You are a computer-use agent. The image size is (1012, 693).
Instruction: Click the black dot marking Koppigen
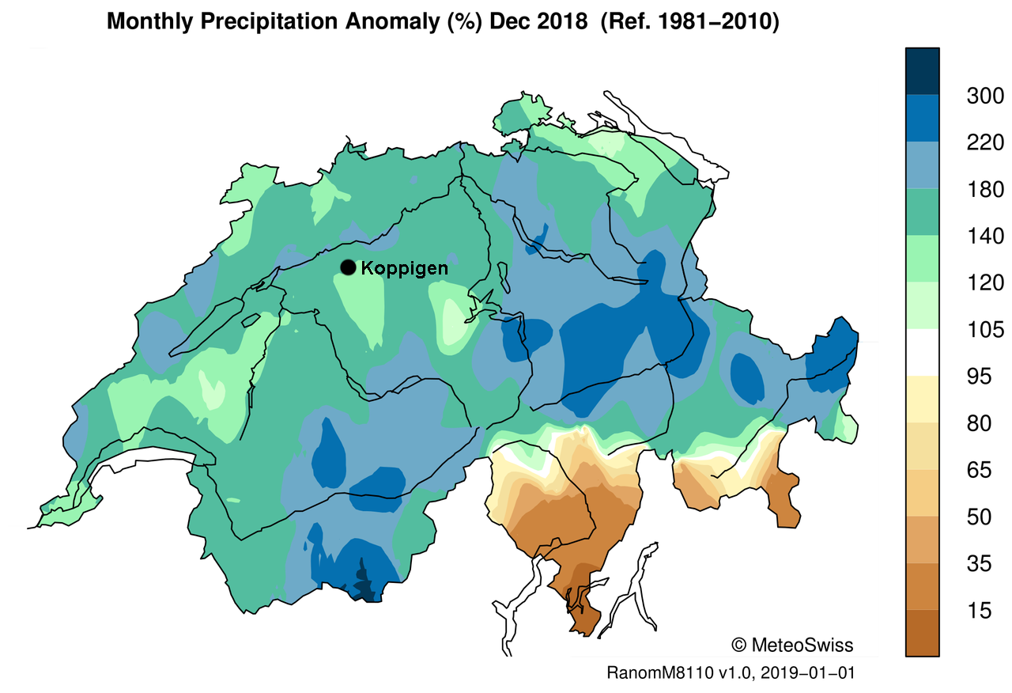(x=348, y=267)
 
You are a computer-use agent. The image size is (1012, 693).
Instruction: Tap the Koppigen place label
(x=404, y=268)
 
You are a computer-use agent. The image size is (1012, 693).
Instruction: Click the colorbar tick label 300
(x=985, y=97)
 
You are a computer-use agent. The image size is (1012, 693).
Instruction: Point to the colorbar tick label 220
(x=985, y=143)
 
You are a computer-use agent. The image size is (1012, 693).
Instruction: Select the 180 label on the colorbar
(x=985, y=190)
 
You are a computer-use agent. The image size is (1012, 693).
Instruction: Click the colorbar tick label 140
(x=985, y=237)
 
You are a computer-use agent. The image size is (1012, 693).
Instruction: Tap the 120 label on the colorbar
(x=985, y=283)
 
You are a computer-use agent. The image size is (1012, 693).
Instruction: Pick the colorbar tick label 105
(x=985, y=330)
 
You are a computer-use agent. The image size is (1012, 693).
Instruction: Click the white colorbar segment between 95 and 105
(x=923, y=352)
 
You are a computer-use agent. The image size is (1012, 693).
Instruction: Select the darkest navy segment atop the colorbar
(x=923, y=71)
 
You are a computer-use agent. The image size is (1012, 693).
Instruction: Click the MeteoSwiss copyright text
(x=792, y=645)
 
